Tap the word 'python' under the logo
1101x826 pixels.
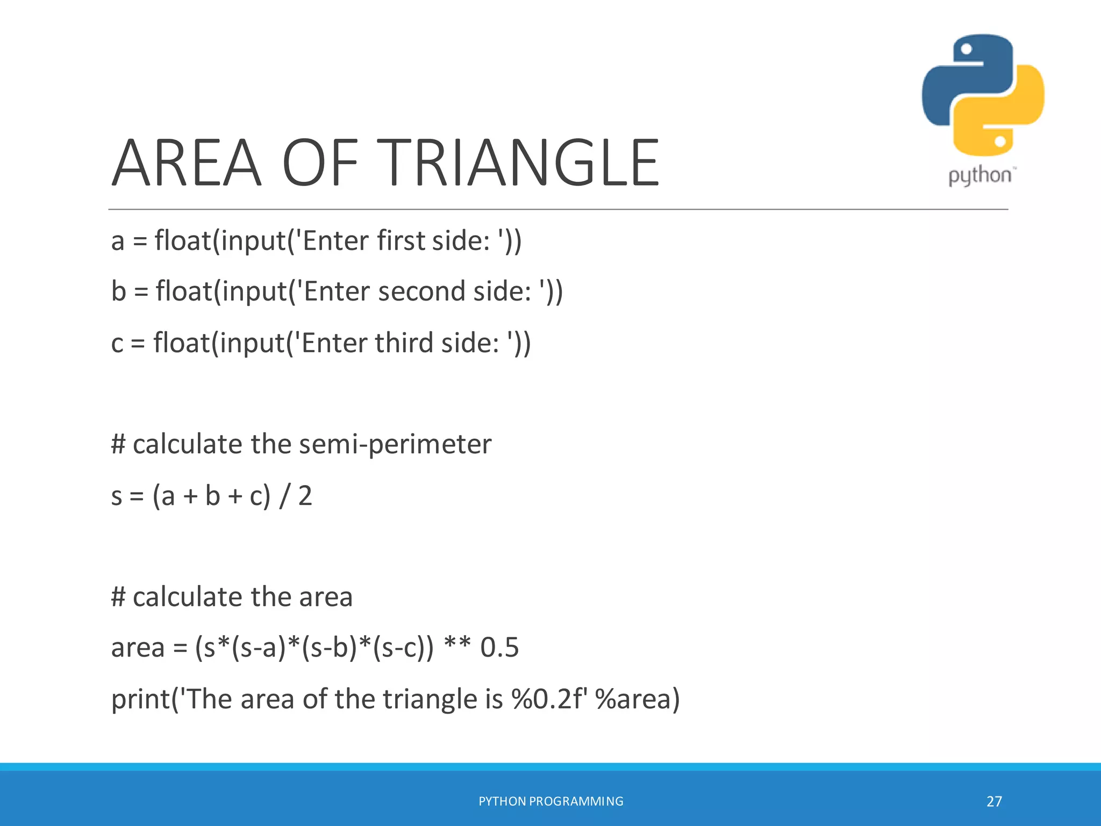tap(980, 175)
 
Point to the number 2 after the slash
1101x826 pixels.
tap(305, 495)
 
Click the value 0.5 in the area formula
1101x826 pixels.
tap(499, 647)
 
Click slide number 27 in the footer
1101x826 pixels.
tap(994, 801)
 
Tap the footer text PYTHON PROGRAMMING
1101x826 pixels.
tap(550, 801)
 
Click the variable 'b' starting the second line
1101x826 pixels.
tap(118, 291)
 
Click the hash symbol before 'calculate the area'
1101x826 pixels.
tap(118, 597)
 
